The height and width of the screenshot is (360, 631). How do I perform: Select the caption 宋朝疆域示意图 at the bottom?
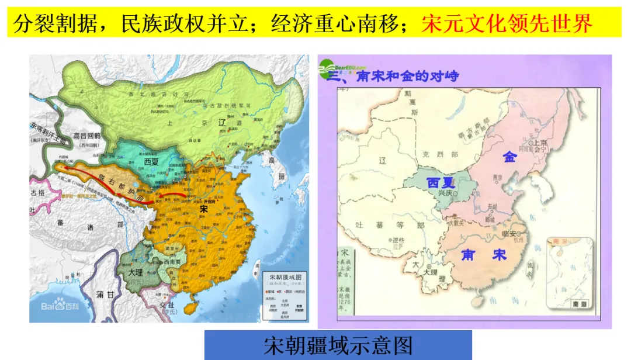(338, 345)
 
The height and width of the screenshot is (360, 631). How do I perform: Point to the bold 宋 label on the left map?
(203, 208)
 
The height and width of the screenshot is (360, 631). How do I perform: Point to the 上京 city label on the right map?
(538, 143)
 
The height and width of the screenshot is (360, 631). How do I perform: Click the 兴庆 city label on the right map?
(448, 194)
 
